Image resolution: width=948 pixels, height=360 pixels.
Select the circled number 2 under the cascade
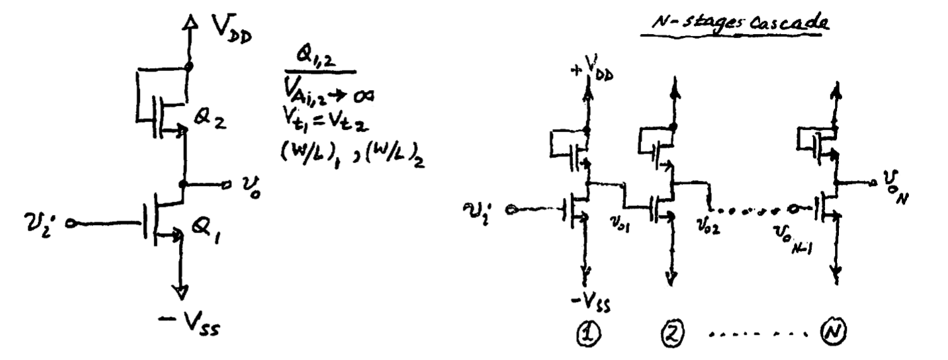pyautogui.click(x=673, y=343)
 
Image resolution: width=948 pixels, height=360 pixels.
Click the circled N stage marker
pyautogui.click(x=837, y=343)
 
